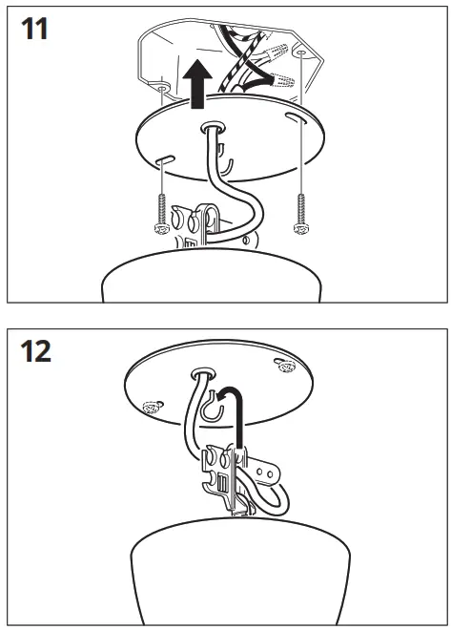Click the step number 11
tap(35, 28)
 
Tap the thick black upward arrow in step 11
tap(197, 84)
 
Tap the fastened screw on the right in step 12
tap(283, 364)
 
